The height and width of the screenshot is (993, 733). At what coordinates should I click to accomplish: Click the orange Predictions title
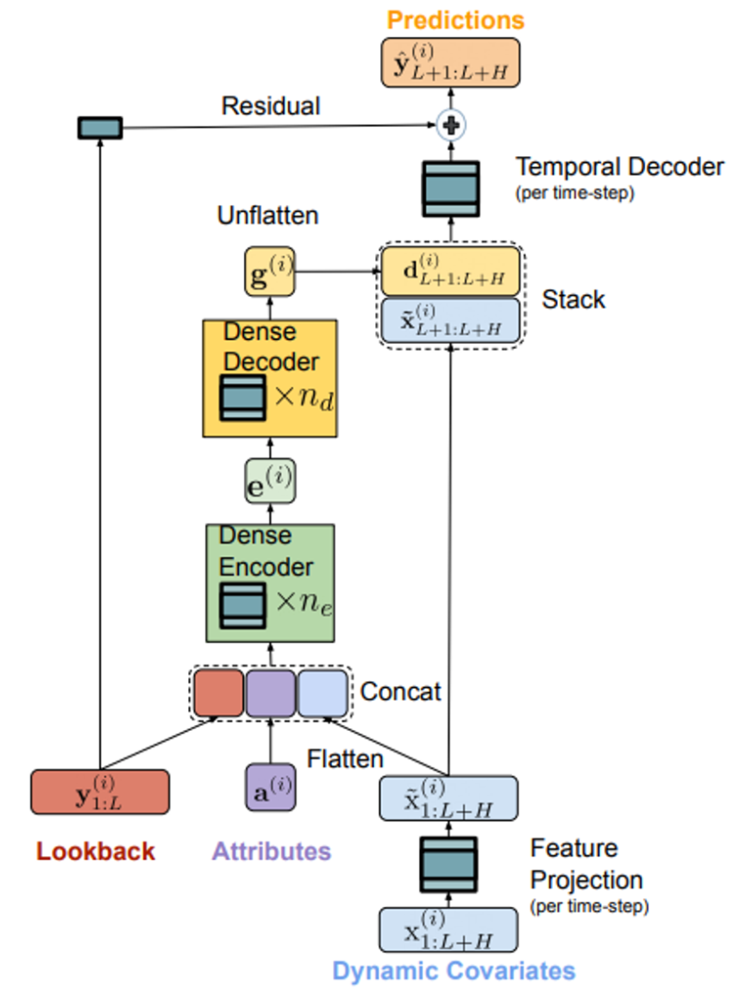[454, 19]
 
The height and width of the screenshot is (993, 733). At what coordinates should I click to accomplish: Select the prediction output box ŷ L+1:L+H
[450, 62]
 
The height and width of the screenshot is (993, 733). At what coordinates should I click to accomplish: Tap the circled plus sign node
[450, 125]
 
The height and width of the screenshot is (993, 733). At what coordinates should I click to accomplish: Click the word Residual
[270, 106]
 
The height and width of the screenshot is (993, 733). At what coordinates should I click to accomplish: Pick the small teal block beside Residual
[100, 128]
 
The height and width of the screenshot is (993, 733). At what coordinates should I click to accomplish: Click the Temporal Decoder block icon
[450, 188]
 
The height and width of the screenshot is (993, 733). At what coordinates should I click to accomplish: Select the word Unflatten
[267, 215]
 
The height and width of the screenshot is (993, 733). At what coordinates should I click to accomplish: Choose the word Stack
[573, 299]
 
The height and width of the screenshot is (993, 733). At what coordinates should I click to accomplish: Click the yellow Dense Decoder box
[270, 378]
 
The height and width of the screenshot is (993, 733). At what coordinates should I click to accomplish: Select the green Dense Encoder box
[270, 582]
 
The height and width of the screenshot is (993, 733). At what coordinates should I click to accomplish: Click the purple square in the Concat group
[271, 693]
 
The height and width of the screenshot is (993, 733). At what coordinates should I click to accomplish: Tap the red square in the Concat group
[219, 693]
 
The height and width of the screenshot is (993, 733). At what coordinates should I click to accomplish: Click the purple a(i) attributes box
[270, 786]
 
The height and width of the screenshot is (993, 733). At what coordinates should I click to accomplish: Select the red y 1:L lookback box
[100, 791]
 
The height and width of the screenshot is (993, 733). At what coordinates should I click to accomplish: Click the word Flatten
[345, 759]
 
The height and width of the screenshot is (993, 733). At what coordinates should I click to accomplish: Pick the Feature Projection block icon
[448, 864]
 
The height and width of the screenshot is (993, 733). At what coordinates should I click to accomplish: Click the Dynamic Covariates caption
[454, 971]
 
